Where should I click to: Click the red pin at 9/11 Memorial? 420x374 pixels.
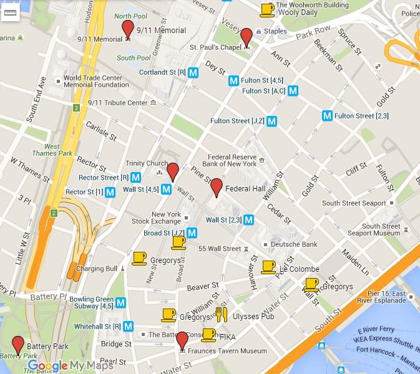(x=128, y=29)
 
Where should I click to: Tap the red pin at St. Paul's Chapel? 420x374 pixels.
(x=247, y=37)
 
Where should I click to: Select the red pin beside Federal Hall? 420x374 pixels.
(x=217, y=187)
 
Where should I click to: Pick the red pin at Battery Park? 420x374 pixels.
(x=18, y=344)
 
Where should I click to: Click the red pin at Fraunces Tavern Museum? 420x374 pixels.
(x=182, y=340)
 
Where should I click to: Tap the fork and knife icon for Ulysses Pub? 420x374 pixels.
(x=221, y=315)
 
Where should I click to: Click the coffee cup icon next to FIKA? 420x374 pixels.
(x=208, y=335)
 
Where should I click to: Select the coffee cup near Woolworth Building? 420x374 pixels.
(x=267, y=9)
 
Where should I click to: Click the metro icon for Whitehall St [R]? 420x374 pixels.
(x=128, y=326)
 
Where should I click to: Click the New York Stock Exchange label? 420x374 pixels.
(x=156, y=218)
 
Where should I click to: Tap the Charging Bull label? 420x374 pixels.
(x=96, y=269)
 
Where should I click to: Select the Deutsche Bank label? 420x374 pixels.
(x=293, y=244)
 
